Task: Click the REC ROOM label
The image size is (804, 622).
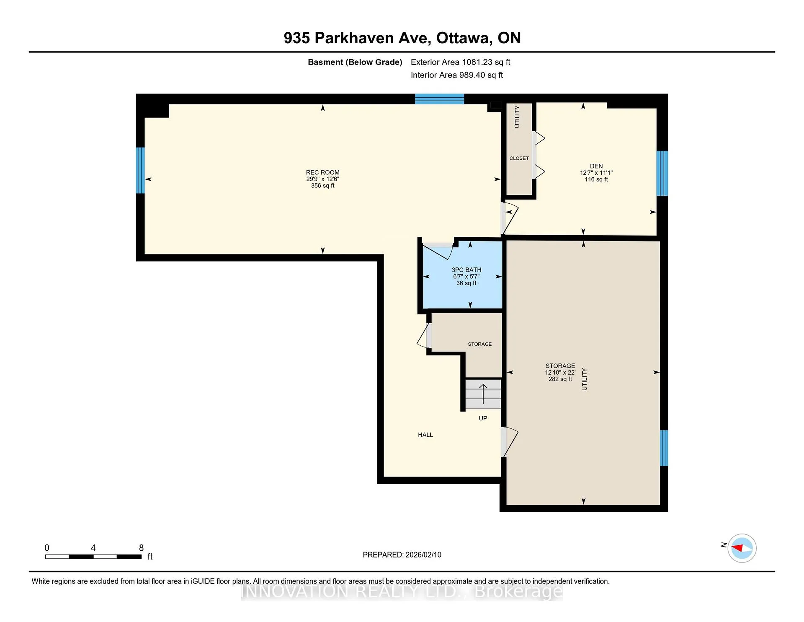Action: tap(322, 172)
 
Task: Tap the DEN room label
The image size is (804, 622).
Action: tap(596, 166)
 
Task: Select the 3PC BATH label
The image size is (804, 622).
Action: tap(466, 270)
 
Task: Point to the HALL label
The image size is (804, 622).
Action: tap(425, 435)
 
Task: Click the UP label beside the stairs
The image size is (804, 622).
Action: tap(483, 418)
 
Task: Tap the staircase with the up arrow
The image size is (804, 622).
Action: tap(483, 394)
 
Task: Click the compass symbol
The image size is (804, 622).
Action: tap(742, 548)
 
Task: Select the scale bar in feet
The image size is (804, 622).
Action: tap(93, 557)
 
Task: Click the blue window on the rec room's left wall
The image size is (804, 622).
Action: tap(141, 170)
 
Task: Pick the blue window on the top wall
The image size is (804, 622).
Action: tap(440, 99)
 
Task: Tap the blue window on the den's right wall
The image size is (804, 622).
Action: tap(662, 173)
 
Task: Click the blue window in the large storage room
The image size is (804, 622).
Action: tap(664, 448)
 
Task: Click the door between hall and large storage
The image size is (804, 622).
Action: tap(510, 442)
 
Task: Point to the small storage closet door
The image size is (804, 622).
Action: tap(424, 335)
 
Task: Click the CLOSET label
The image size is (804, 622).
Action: tap(519, 158)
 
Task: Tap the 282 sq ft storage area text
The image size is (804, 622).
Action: tap(560, 379)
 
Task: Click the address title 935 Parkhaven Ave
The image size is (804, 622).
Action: tap(357, 38)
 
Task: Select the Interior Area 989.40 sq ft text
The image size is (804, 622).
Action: tap(457, 75)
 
